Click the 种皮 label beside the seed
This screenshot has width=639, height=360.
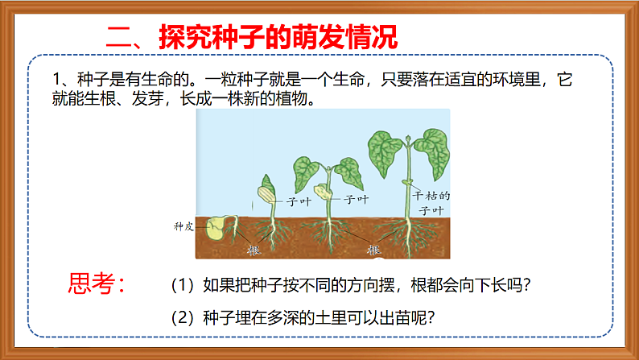click(183, 226)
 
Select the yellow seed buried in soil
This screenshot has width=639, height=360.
click(215, 229)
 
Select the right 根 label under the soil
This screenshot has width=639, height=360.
click(373, 250)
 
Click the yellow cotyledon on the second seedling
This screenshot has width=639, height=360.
click(266, 193)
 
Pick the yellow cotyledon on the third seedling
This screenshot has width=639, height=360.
click(323, 192)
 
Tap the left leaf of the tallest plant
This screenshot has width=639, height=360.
click(385, 150)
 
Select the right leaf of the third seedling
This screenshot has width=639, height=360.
click(350, 172)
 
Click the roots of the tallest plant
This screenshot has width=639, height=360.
click(407, 238)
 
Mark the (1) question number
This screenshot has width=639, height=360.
click(183, 286)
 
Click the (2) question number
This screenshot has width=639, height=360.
click(183, 317)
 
